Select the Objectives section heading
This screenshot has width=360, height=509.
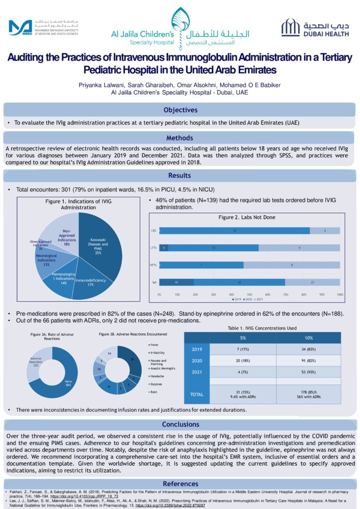180,110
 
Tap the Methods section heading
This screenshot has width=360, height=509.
180,138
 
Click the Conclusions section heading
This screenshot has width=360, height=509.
180,424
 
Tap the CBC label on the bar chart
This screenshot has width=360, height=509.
154,231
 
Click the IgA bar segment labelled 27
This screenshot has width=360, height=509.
312,282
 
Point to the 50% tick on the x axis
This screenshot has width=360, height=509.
250,294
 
